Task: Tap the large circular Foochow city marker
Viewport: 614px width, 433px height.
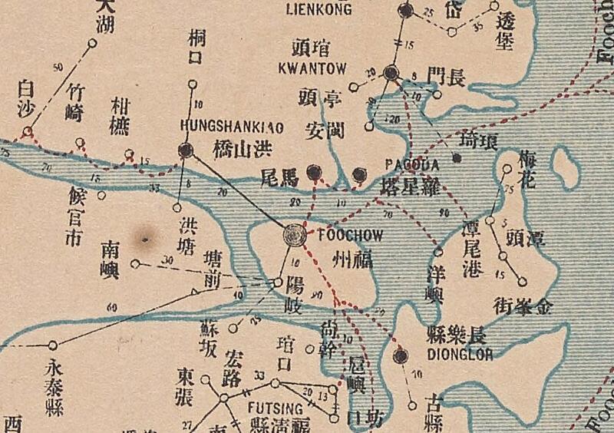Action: pos(295,235)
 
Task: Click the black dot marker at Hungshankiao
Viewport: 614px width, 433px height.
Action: pos(185,150)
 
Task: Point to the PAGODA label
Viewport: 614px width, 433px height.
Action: pos(411,165)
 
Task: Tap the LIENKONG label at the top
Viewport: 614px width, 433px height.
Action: pos(319,10)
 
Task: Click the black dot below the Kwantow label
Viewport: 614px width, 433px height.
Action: pos(391,73)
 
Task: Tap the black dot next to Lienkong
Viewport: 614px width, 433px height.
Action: pos(406,10)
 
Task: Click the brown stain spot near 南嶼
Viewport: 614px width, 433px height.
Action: pos(144,239)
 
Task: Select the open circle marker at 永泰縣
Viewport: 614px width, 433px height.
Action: pos(52,345)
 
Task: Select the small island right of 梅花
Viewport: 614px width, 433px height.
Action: pos(566,165)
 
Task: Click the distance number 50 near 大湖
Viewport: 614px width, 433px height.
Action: pos(58,68)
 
